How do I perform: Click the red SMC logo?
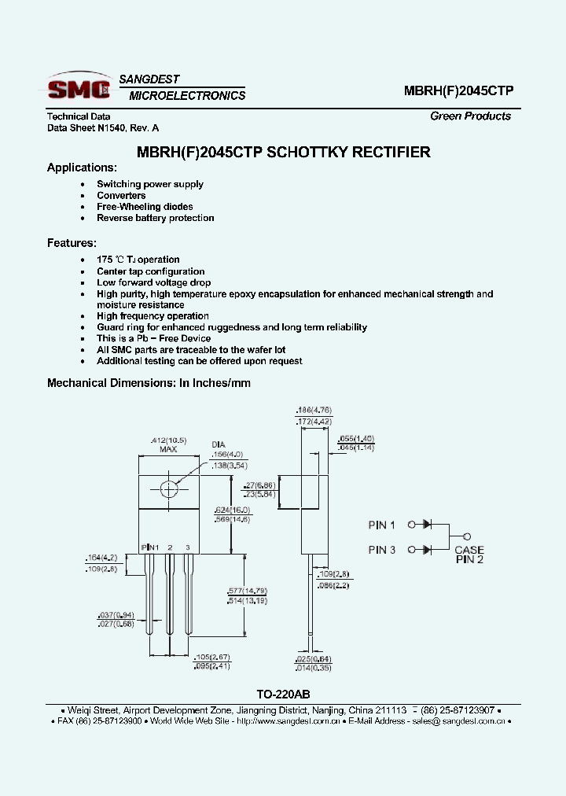coord(79,88)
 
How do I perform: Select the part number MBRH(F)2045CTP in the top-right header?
coord(458,90)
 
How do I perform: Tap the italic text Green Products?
coord(470,116)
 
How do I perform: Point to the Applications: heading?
coord(82,168)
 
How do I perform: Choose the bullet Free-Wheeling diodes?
coord(145,207)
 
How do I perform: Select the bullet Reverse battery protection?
coord(155,218)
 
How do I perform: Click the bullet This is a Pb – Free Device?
coord(153,338)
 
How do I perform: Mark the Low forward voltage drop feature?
coord(153,282)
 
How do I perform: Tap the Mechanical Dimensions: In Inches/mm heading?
coord(149,383)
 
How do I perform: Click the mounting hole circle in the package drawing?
coord(169,489)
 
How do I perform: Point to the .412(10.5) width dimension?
coord(167,440)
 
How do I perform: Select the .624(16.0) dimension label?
coord(233,509)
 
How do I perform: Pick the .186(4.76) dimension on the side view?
coord(314,410)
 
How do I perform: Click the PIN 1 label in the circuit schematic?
coord(382,525)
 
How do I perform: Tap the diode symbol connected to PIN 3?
coord(428,550)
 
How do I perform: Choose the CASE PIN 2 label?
coord(469,555)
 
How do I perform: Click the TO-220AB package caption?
coord(282,695)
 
